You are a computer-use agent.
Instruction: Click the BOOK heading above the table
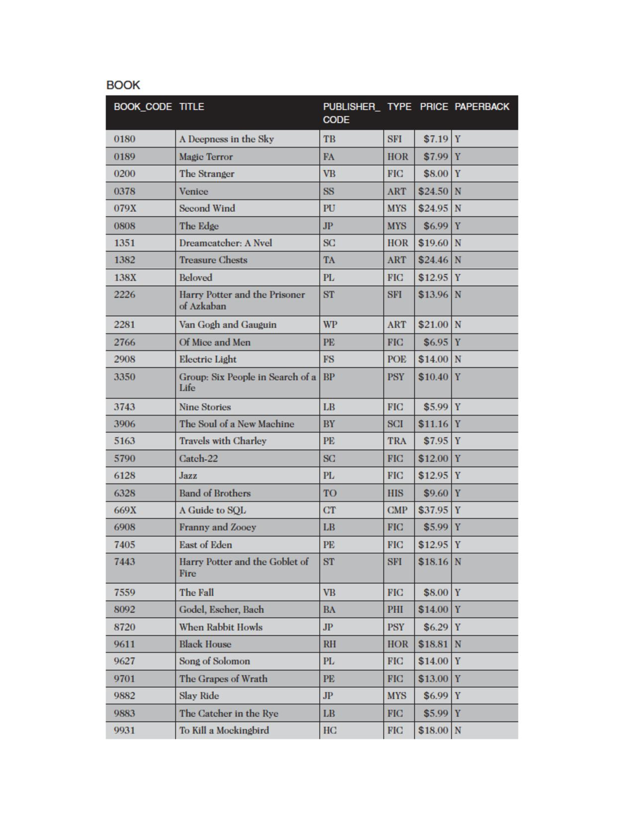pos(123,85)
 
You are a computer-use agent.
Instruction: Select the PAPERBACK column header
pos(481,107)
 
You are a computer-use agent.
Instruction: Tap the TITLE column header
pos(191,107)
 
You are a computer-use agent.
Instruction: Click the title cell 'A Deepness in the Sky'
pos(226,139)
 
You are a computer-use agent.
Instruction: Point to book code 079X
pos(125,208)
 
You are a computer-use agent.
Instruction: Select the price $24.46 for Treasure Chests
pos(433,260)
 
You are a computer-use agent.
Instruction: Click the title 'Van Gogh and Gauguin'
pos(228,325)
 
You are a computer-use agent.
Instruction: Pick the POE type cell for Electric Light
pos(397,359)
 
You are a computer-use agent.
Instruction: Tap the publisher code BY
pos(329,424)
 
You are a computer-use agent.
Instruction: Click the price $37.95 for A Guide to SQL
pos(433,510)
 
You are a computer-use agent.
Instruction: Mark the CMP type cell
pos(397,510)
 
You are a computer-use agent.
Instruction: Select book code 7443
pos(124,562)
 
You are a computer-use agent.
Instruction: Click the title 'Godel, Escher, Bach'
pos(221,609)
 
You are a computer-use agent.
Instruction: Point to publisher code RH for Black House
pos(329,644)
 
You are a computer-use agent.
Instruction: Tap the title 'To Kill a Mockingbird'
pos(224,731)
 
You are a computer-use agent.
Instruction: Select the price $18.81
pos(433,644)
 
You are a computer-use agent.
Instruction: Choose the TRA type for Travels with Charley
pos(397,441)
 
